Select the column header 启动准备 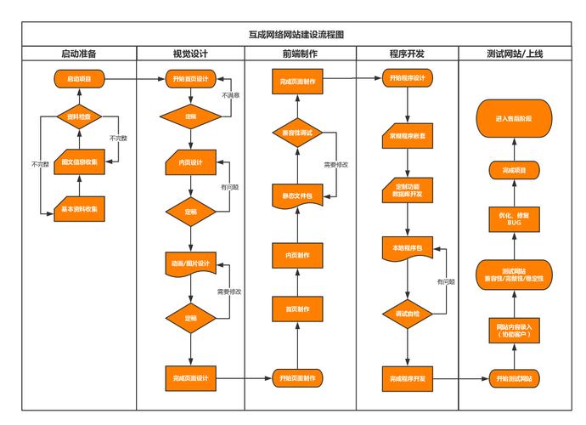pyautogui.click(x=79, y=54)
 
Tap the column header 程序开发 pyautogui.click(x=407, y=54)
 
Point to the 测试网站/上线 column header pyautogui.click(x=515, y=54)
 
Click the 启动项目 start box pyautogui.click(x=79, y=79)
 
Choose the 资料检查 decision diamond pyautogui.click(x=79, y=116)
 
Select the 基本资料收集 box pyautogui.click(x=79, y=209)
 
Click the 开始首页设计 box pyautogui.click(x=191, y=79)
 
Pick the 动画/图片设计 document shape pyautogui.click(x=191, y=263)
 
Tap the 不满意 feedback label pyautogui.click(x=230, y=96)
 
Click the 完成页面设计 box pyautogui.click(x=191, y=377)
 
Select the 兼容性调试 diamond pyautogui.click(x=296, y=133)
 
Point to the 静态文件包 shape pyautogui.click(x=296, y=195)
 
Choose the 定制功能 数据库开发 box pyautogui.click(x=408, y=189)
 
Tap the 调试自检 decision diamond pyautogui.click(x=408, y=314)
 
